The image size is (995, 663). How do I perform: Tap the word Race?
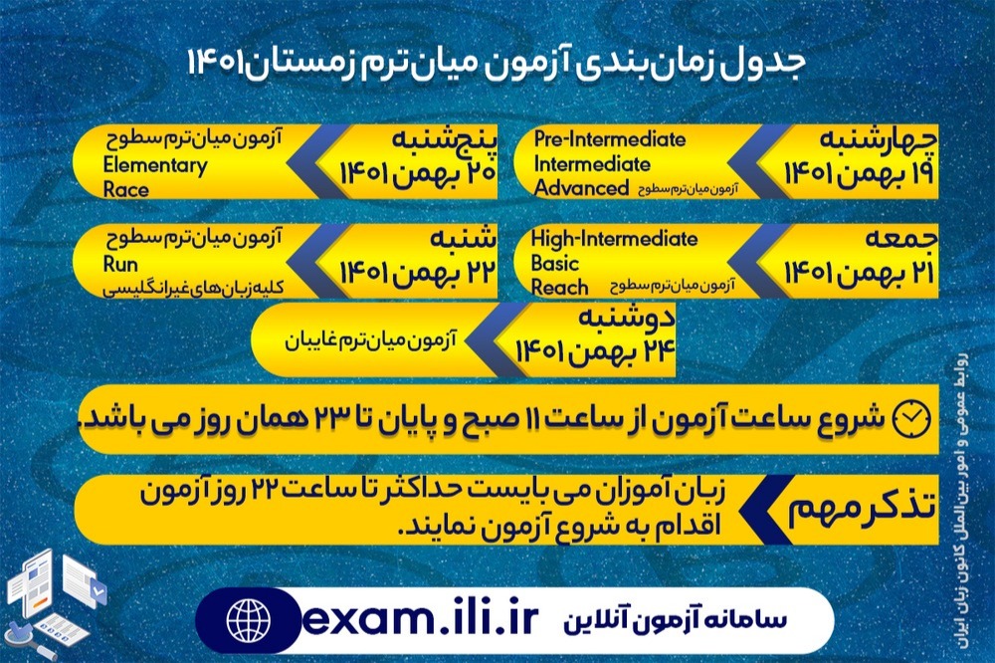point(126,189)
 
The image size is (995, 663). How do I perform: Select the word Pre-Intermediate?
point(609,139)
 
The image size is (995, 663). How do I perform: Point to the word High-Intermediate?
point(614,239)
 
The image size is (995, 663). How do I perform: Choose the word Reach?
point(560,289)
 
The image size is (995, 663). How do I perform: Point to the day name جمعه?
point(900,242)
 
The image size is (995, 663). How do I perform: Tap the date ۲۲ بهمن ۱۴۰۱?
point(416,272)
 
